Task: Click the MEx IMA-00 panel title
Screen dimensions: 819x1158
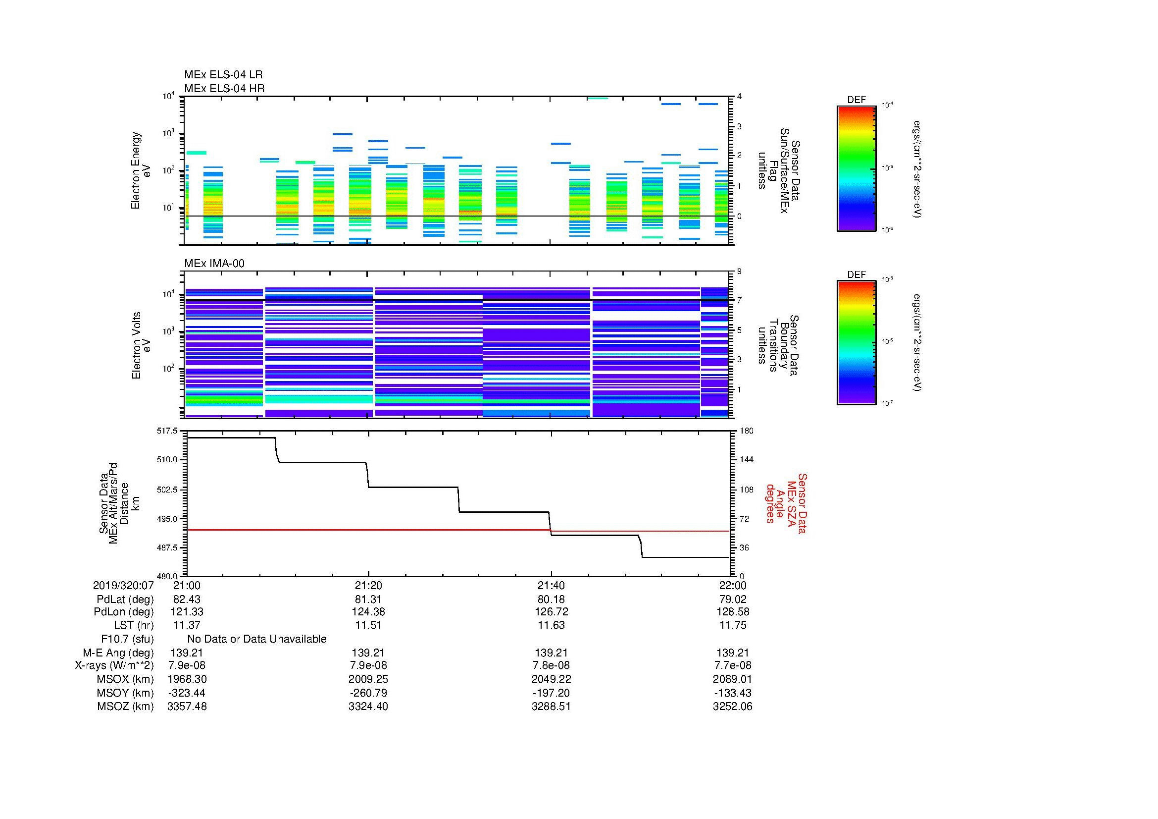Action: coord(214,264)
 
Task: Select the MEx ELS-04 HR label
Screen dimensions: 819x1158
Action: coord(224,88)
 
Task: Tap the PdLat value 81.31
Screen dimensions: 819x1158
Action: coord(368,600)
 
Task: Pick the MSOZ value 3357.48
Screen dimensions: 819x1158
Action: coord(187,707)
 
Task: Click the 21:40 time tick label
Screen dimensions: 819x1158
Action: coord(551,586)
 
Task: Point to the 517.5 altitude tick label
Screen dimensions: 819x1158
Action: coord(167,431)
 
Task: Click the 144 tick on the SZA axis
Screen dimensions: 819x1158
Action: coord(746,460)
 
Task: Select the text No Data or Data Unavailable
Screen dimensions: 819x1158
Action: coord(257,639)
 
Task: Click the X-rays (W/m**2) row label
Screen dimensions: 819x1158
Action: coord(114,665)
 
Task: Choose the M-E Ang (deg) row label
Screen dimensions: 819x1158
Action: coord(118,653)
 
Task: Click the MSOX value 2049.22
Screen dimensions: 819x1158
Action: coord(551,679)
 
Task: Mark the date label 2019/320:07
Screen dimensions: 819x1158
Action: coord(123,586)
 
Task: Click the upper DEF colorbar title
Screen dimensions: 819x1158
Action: coord(856,100)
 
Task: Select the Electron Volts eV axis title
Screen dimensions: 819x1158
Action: coord(141,346)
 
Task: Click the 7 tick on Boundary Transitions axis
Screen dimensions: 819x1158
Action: coord(739,300)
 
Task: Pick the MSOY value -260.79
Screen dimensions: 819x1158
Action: coord(368,693)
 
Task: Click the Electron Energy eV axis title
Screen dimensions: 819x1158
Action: coord(141,170)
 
